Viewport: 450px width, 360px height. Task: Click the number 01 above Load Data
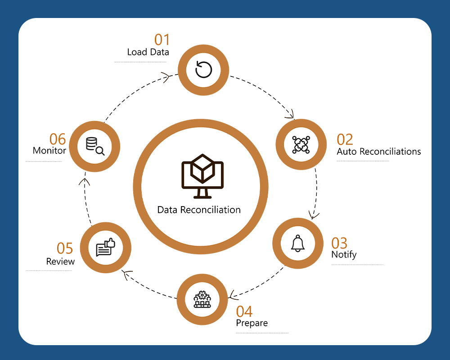point(162,40)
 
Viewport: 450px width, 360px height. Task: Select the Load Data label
point(148,52)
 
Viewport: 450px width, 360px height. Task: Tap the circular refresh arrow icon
point(203,70)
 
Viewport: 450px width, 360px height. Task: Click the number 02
point(345,139)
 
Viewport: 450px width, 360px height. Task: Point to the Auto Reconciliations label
point(379,152)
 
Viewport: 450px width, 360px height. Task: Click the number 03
point(339,243)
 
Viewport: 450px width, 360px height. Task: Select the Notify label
point(344,255)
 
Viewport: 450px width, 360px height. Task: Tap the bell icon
point(298,243)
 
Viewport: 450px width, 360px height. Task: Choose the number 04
point(244,311)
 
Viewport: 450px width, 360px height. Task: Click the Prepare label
point(252,323)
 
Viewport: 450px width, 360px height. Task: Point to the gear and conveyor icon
point(202,299)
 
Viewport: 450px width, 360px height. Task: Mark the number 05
point(65,248)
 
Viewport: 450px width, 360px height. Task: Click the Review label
point(61,261)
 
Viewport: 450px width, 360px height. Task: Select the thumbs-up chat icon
point(105,247)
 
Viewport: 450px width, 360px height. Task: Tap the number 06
point(58,139)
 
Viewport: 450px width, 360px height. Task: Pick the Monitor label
point(49,151)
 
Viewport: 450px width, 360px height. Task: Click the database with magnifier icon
point(95,146)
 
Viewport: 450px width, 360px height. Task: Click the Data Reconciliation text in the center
point(199,210)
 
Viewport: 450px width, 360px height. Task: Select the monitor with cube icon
point(202,177)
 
